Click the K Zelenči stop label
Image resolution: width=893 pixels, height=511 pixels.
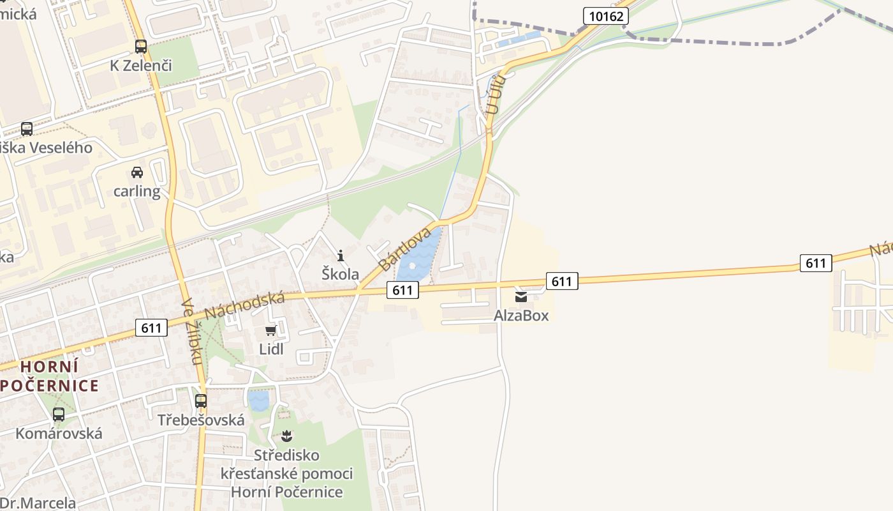tap(141, 65)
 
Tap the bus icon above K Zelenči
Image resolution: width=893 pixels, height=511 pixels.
tap(141, 47)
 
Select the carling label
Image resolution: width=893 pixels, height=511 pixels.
tap(137, 191)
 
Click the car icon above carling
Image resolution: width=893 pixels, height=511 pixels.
tap(137, 172)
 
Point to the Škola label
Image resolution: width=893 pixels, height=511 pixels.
tap(340, 274)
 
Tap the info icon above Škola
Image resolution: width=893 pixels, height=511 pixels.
tap(341, 256)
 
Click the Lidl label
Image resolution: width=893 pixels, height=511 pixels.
tap(271, 349)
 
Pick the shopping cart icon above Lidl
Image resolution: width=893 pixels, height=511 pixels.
tap(271, 330)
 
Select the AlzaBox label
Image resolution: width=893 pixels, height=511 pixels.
tap(521, 316)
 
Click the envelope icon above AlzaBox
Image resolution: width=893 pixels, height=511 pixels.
tap(521, 297)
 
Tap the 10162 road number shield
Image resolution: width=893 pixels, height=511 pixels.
tap(605, 16)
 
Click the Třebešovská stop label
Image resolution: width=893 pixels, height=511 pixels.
tap(201, 420)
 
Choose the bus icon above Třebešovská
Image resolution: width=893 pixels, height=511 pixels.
tap(201, 401)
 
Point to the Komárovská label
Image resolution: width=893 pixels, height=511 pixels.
tap(59, 433)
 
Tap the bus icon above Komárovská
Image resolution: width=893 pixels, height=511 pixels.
tap(59, 415)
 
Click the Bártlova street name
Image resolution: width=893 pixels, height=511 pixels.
tap(404, 249)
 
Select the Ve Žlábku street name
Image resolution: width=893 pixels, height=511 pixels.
tap(192, 332)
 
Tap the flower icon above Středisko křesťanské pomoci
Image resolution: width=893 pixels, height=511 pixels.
tap(286, 436)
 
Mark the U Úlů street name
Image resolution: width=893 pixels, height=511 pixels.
tap(495, 95)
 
